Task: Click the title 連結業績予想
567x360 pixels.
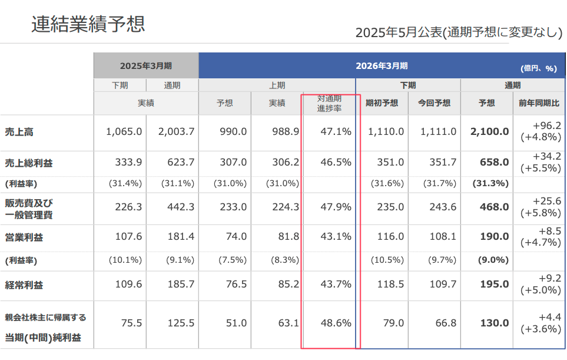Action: point(88,24)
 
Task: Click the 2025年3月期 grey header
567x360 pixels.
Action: point(146,65)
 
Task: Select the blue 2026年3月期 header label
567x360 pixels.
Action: point(382,65)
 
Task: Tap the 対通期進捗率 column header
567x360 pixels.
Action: point(329,103)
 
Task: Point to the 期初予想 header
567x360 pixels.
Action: point(382,103)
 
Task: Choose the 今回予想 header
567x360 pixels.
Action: point(434,103)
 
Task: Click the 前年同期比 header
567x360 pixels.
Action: point(539,103)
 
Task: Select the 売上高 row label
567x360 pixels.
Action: point(19,132)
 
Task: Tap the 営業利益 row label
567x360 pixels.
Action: point(24,237)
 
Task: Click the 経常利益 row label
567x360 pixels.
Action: point(24,285)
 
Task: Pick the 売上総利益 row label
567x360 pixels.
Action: point(28,163)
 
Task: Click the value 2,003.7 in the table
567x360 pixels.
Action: point(176,132)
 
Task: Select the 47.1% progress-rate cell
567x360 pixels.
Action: point(336,132)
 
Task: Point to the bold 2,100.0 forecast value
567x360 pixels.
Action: point(489,132)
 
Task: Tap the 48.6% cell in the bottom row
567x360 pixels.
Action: point(336,323)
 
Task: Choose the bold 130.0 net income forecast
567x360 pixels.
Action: point(494,323)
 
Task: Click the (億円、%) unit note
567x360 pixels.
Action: point(539,68)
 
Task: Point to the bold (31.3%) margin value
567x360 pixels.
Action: point(490,183)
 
